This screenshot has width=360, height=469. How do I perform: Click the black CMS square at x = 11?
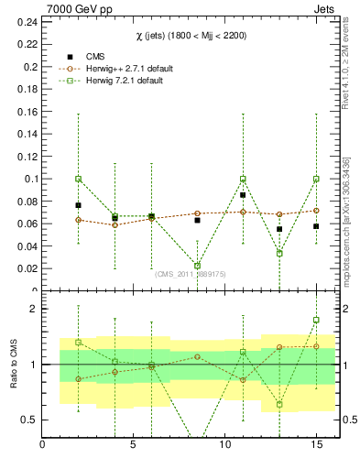(x=243, y=195)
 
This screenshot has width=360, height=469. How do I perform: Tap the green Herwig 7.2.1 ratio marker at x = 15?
(x=316, y=320)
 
